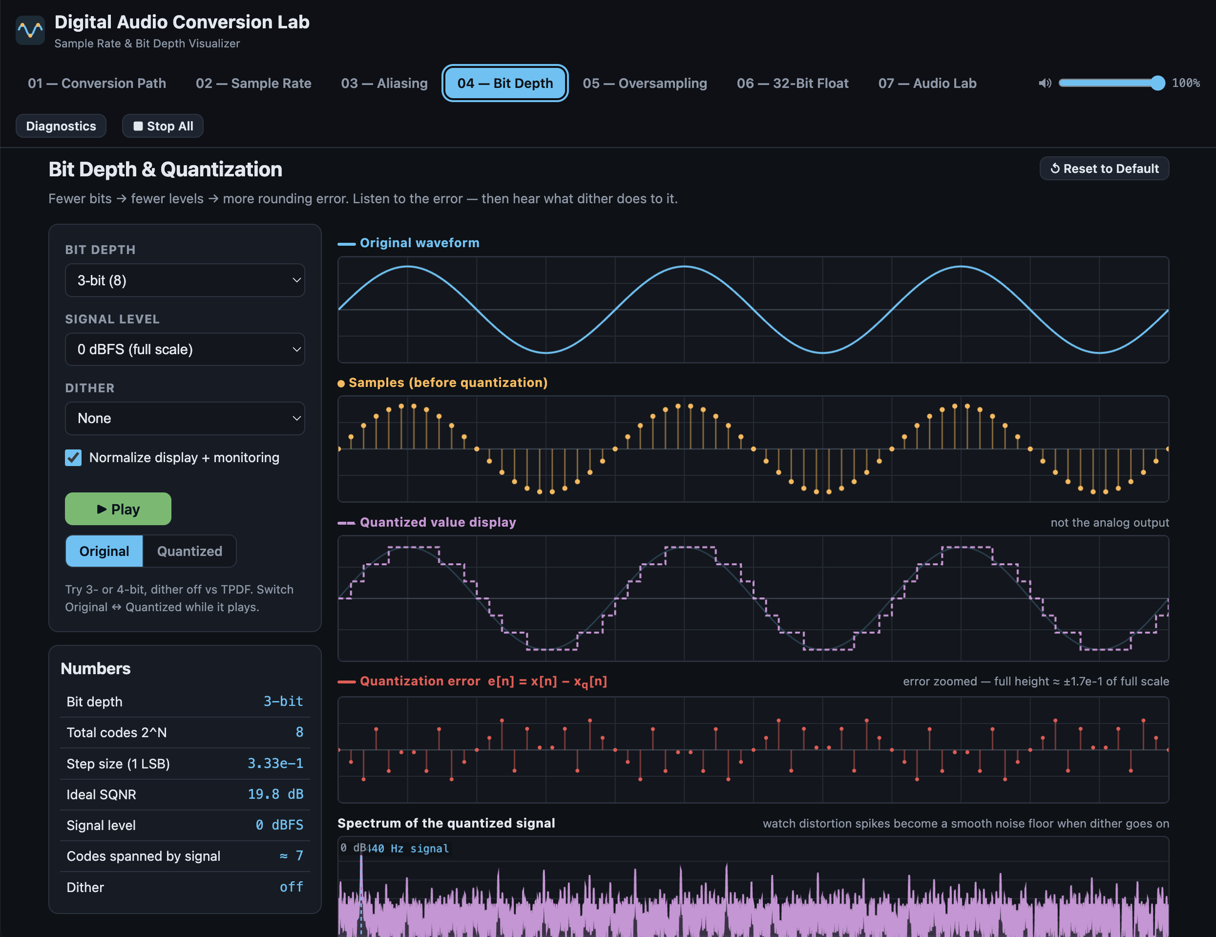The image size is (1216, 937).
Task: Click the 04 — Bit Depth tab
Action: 505,83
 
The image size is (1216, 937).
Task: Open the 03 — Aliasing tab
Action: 384,83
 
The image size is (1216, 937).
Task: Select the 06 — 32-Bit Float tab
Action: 792,83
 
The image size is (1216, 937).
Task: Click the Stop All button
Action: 163,126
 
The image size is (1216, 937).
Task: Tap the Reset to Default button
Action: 1104,168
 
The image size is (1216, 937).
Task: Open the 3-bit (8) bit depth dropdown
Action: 185,280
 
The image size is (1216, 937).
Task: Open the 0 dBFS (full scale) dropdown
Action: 185,349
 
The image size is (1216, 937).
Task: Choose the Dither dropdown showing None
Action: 185,418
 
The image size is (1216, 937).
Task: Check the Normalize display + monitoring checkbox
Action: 73,457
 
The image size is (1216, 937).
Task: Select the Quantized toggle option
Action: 189,551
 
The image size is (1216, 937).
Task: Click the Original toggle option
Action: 104,551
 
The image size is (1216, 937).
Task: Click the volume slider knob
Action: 1157,83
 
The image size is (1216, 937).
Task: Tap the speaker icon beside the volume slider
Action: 1045,83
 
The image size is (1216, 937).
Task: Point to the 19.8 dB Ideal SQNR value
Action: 275,794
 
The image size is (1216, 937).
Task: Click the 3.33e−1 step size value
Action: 275,763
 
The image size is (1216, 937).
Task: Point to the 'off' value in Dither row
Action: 291,887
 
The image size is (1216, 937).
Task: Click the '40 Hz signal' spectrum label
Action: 409,849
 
